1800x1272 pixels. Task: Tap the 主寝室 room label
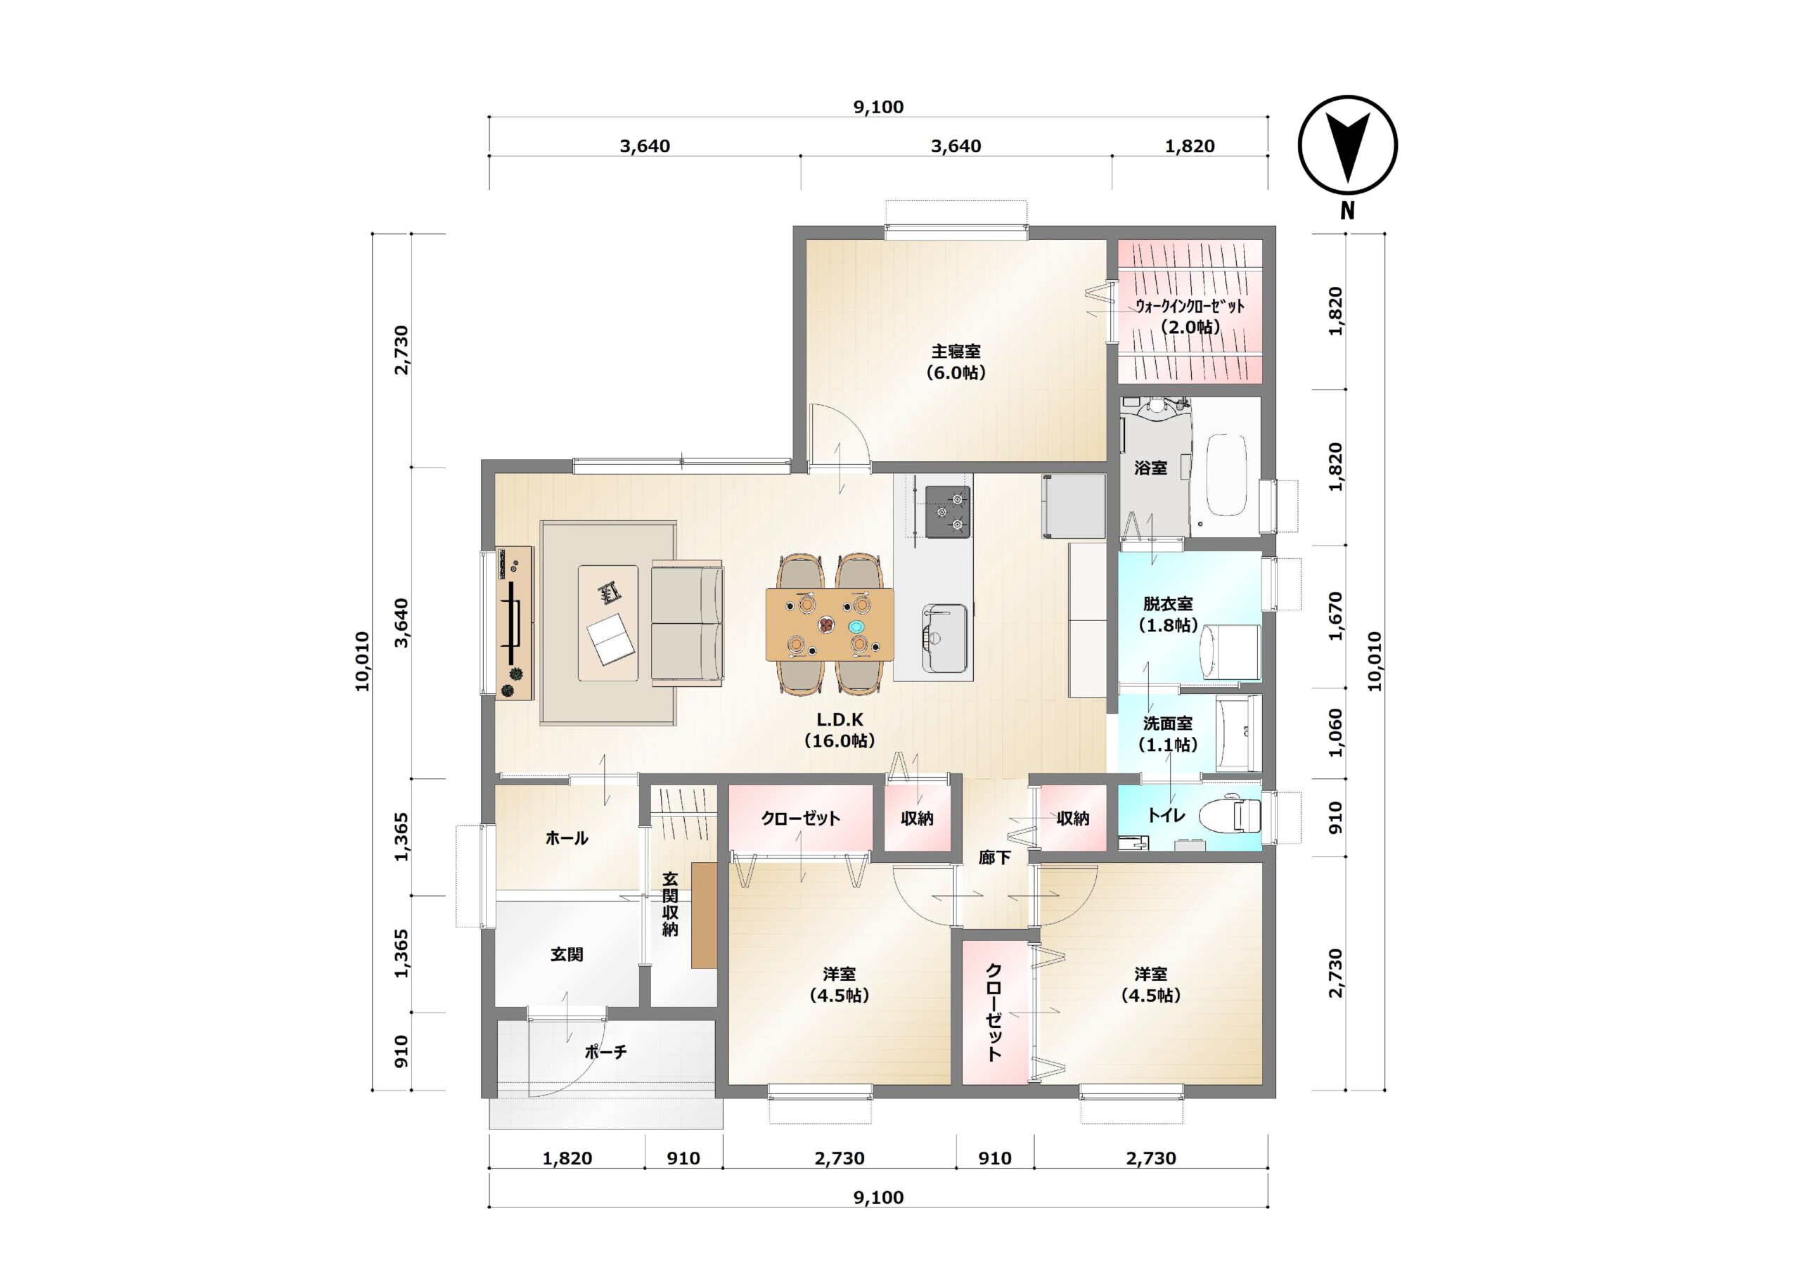pos(956,352)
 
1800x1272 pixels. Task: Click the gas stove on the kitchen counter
pos(947,512)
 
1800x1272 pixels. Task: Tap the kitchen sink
pos(944,638)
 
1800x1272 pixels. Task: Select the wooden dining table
pos(830,624)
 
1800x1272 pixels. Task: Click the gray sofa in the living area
pos(687,624)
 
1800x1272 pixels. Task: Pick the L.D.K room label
pos(840,720)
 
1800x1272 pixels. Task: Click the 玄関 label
pos(566,954)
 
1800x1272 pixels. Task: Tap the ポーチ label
pos(605,1052)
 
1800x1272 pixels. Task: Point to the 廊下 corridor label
pos(994,858)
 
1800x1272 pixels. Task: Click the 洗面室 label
pos(1167,723)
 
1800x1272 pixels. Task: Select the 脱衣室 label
pos(1167,604)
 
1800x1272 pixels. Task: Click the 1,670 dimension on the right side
pos(1336,617)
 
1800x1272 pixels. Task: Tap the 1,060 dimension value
pos(1336,733)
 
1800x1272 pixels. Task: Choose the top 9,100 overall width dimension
pos(878,107)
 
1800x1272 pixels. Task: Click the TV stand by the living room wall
pos(514,623)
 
